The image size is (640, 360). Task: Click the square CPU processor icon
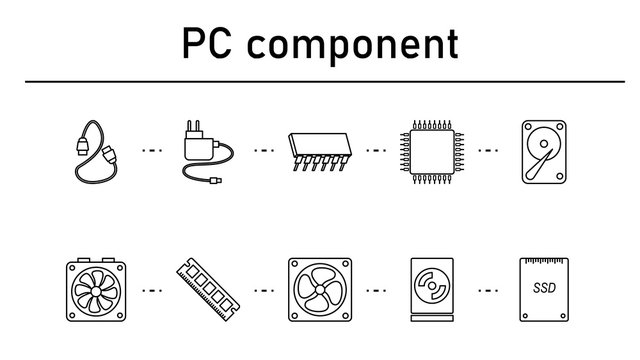coord(432,152)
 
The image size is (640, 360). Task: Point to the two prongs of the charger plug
coord(194,127)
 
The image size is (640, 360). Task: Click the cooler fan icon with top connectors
coord(96,291)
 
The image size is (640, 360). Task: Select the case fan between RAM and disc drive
coord(319,291)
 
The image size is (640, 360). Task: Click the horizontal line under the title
coord(320,81)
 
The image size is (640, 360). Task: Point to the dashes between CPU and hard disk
coord(489,152)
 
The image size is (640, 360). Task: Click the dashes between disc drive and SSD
coord(489,291)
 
